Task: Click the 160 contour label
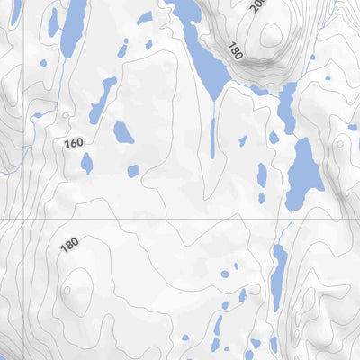pyautogui.click(x=74, y=143)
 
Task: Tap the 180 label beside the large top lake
pyautogui.click(x=237, y=50)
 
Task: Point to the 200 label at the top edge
pyautogui.click(x=258, y=6)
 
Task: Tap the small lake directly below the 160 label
pyautogui.click(x=86, y=163)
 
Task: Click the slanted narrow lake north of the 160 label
pyautogui.click(x=101, y=100)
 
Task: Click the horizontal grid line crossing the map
pyautogui.click(x=135, y=219)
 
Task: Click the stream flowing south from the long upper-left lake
pyautogui.click(x=63, y=81)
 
